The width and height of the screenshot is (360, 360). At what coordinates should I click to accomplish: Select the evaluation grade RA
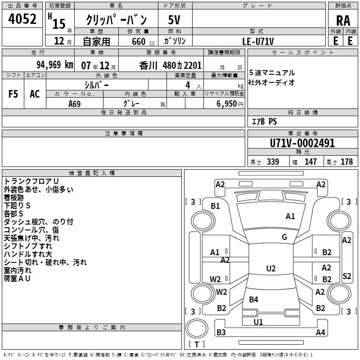(343, 21)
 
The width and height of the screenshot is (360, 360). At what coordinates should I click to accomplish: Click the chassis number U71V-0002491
(302, 143)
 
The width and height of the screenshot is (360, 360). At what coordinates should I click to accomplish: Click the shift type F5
(13, 94)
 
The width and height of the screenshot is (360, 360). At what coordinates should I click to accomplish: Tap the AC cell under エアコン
(35, 94)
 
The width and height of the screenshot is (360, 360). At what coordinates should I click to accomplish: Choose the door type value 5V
(175, 20)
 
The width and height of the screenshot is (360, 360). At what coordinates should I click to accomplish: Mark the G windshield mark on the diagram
(284, 237)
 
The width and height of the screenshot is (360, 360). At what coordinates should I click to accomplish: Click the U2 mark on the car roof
(270, 269)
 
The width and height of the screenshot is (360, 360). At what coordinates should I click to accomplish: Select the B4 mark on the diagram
(253, 299)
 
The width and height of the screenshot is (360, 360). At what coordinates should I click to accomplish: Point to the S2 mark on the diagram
(346, 276)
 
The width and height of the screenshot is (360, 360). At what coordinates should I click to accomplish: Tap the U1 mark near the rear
(258, 322)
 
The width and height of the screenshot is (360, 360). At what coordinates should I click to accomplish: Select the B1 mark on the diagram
(216, 206)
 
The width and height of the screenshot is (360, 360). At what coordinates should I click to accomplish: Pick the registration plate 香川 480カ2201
(171, 64)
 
